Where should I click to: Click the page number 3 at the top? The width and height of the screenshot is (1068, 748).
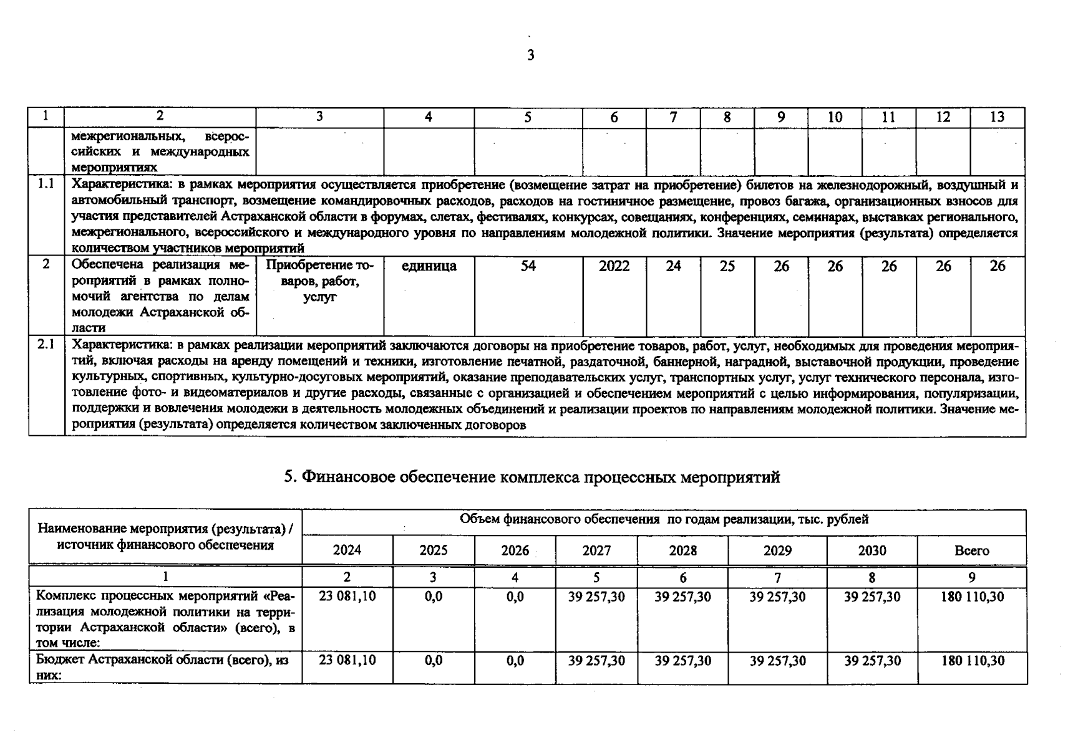(x=531, y=55)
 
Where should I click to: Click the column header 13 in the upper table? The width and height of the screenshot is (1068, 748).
(x=997, y=117)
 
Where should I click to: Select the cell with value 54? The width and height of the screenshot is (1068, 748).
(x=528, y=266)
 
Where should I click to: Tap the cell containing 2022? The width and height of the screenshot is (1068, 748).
(x=614, y=266)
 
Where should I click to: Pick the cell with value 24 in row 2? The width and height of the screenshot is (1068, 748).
(x=673, y=266)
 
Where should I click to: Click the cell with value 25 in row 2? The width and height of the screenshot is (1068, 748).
(x=727, y=266)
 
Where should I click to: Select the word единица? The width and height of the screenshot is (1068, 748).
(x=429, y=266)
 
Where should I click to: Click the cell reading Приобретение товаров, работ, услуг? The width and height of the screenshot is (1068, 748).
(x=319, y=281)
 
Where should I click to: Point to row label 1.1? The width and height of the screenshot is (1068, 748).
(x=46, y=184)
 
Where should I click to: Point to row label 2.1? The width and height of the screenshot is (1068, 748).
(x=46, y=344)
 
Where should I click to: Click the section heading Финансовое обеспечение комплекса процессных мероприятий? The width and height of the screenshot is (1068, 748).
(x=532, y=477)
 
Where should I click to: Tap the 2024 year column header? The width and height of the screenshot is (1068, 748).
(x=347, y=550)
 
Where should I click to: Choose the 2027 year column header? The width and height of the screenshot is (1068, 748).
(x=596, y=550)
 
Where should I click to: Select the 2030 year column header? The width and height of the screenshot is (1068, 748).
(x=871, y=550)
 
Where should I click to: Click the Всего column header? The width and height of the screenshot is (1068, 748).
(x=971, y=550)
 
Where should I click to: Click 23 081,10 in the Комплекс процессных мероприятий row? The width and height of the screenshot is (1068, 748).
(x=347, y=597)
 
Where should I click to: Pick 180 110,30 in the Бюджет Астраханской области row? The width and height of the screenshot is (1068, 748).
(x=972, y=661)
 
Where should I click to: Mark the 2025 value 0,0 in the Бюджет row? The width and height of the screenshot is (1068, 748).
(x=433, y=661)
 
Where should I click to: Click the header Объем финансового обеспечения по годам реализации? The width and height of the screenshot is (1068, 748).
(x=664, y=519)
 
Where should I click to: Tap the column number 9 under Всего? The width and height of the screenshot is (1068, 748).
(x=971, y=578)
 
